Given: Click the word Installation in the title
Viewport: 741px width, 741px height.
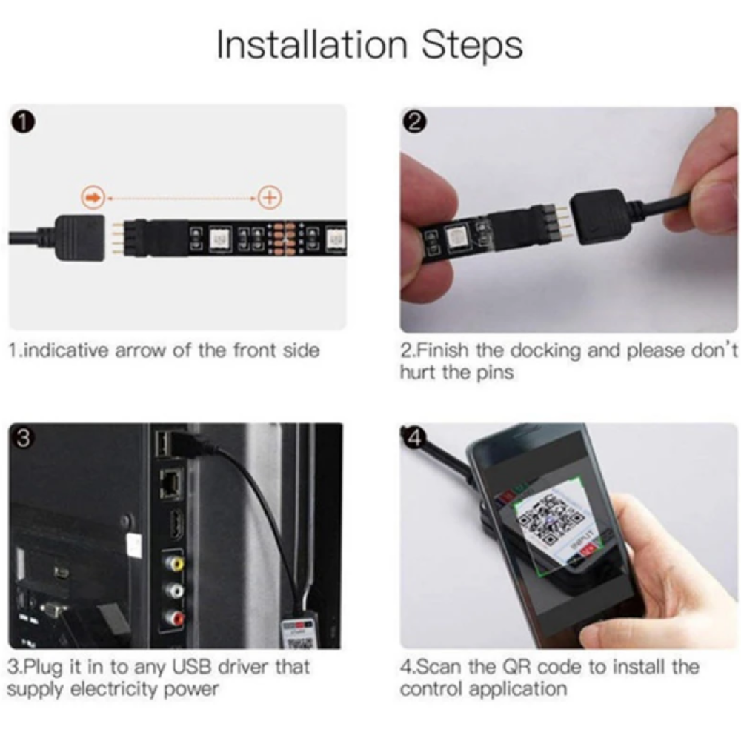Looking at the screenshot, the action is (311, 45).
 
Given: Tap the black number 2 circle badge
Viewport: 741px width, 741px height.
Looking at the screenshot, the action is (414, 122).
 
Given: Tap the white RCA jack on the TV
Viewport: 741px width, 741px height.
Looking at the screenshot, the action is (173, 591).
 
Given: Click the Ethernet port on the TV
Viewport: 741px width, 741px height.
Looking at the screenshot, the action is (171, 483).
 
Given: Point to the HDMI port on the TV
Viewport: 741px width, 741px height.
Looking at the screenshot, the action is (176, 525).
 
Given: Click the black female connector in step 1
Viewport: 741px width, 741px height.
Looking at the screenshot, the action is (80, 239).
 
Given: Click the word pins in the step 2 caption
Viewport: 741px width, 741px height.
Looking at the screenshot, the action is (494, 373).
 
